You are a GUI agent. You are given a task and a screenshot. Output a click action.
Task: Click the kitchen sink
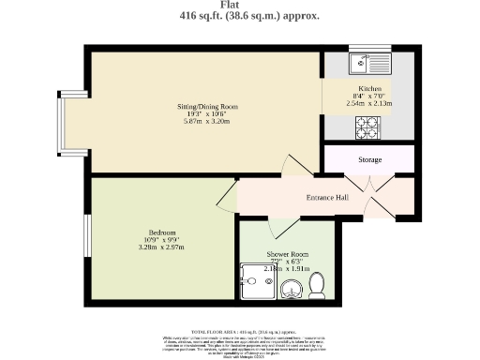point(362,64)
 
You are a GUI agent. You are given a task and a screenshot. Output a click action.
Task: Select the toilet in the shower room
point(317,281)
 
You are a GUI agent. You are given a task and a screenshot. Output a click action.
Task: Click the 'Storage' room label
point(369,160)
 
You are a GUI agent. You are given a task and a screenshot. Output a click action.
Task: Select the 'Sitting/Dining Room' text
point(208,107)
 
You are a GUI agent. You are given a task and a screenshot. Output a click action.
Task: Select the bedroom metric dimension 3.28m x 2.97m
point(161,247)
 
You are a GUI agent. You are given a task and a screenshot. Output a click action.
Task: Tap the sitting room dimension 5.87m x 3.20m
point(208,124)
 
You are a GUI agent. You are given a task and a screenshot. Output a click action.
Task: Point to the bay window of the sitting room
point(61,126)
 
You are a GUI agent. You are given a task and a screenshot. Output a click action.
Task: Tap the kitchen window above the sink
point(362,48)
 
